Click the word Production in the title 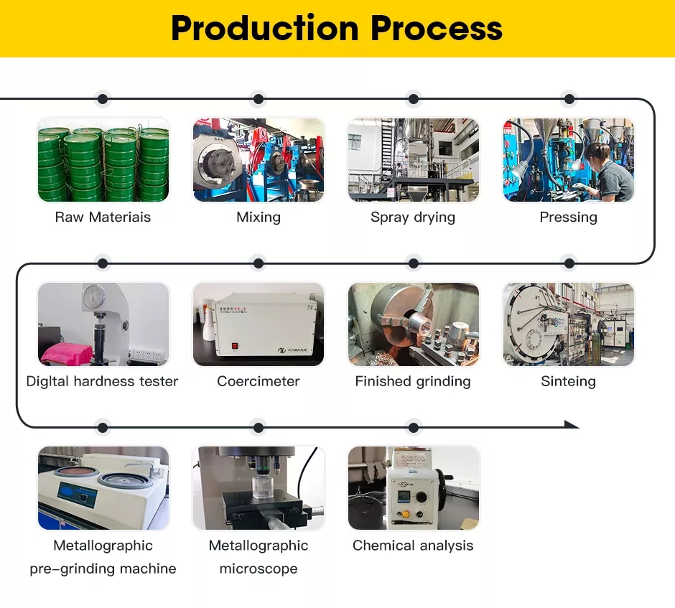(265, 29)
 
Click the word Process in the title (437, 29)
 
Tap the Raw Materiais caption (103, 217)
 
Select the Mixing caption (259, 218)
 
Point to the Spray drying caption (413, 218)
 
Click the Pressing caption (568, 218)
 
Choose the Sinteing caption (568, 382)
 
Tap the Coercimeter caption (259, 381)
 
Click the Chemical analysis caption (413, 546)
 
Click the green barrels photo (103, 160)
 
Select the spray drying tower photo (414, 160)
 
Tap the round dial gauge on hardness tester (93, 296)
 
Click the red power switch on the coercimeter (235, 345)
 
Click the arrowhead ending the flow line (572, 425)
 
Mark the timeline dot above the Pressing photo (569, 99)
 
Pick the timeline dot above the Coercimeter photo (259, 263)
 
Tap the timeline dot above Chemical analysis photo (414, 428)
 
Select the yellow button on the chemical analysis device (405, 514)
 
